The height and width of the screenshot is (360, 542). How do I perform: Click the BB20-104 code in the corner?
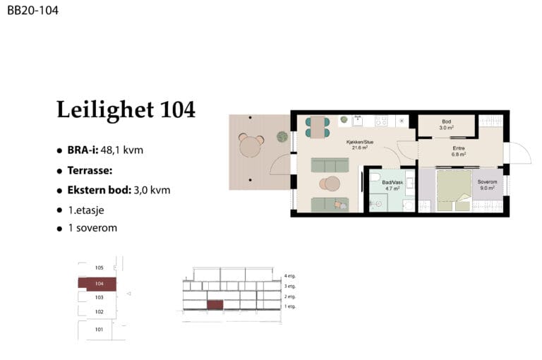click(33, 11)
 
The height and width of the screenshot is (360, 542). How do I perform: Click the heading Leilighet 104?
click(126, 109)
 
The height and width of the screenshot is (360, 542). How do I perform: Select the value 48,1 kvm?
click(122, 150)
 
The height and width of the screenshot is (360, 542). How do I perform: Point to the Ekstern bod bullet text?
click(119, 190)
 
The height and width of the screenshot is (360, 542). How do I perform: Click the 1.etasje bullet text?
click(86, 210)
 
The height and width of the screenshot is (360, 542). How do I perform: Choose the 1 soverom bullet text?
click(92, 228)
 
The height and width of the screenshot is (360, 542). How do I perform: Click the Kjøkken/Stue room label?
click(360, 145)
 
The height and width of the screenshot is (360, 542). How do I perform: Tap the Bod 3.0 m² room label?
click(446, 124)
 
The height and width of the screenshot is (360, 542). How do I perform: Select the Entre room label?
click(459, 151)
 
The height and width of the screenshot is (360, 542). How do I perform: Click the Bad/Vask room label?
click(392, 186)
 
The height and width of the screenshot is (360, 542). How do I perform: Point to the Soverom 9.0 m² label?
click(487, 185)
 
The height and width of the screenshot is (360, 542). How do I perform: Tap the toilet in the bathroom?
click(375, 177)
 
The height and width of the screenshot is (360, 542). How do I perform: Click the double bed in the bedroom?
click(454, 190)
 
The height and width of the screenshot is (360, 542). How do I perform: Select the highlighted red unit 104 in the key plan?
click(97, 284)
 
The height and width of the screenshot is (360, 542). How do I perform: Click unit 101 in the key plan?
click(100, 330)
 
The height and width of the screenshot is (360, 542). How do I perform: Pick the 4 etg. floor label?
click(289, 276)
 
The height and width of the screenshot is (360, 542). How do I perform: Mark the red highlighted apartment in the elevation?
click(215, 305)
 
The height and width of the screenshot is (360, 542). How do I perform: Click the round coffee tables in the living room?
click(330, 184)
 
